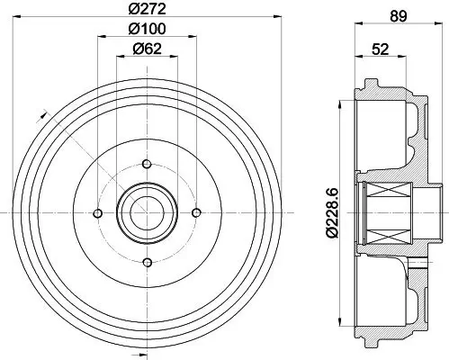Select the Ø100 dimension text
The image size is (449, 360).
tap(146, 31)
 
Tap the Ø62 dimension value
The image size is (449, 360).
tap(146, 49)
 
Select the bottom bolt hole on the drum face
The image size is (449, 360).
tap(146, 261)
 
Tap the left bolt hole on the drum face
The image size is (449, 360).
tap(97, 212)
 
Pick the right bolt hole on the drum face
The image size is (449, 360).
tap(195, 212)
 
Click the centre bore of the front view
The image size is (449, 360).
tap(146, 212)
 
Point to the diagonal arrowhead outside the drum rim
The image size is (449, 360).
tap(40, 112)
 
